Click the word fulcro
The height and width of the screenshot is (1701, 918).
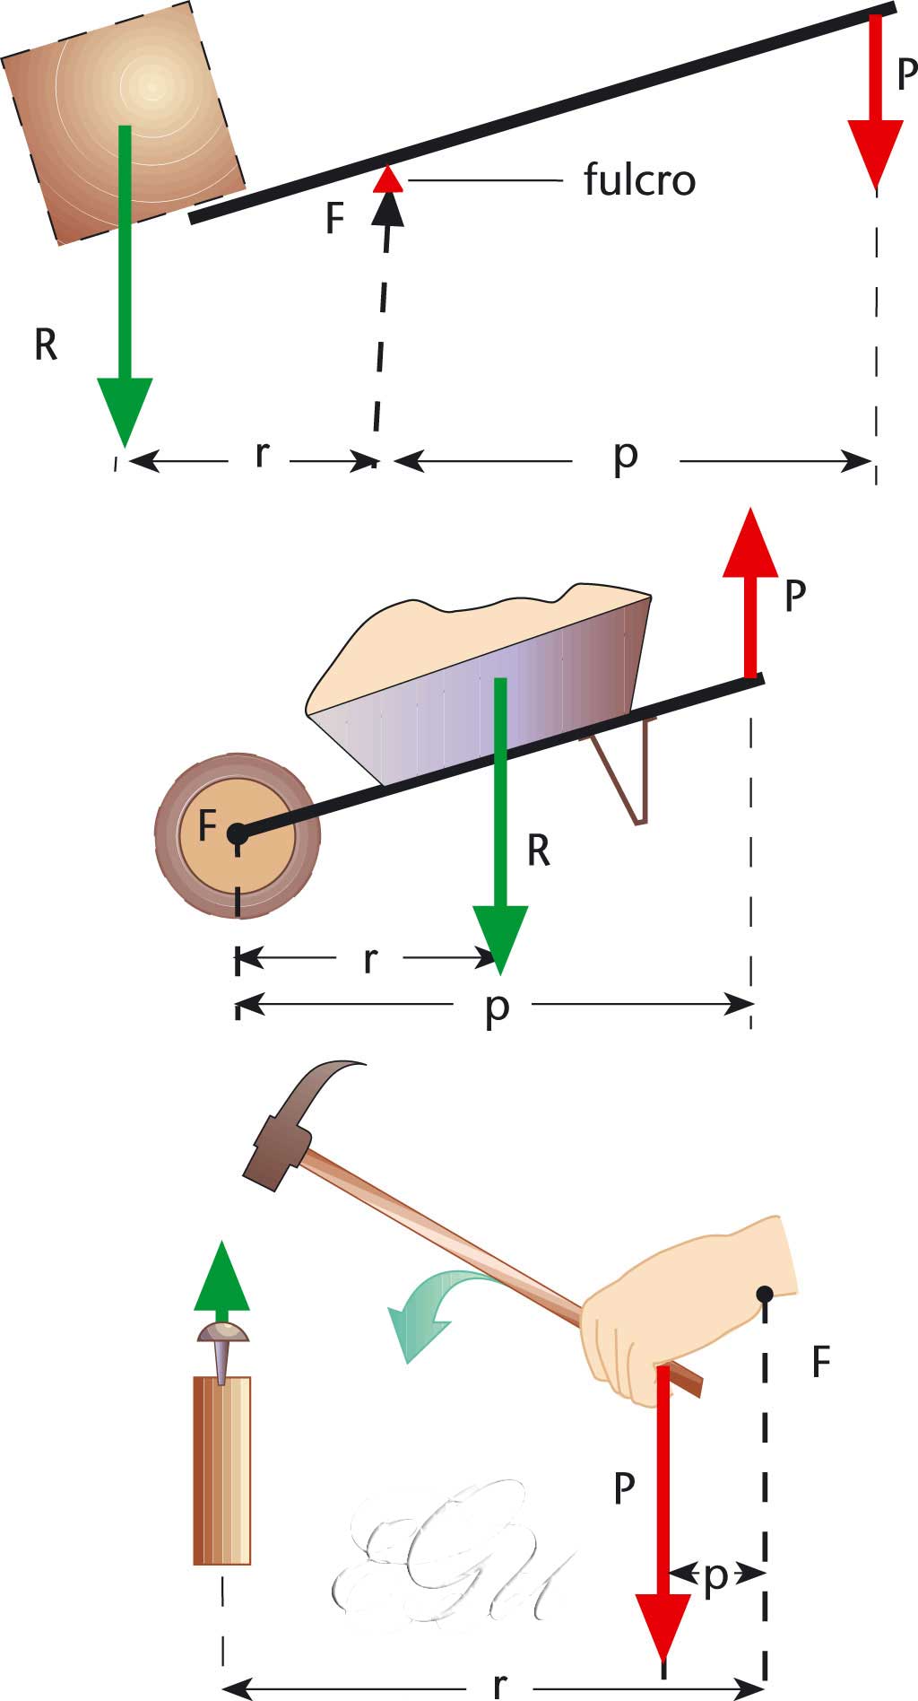[639, 180]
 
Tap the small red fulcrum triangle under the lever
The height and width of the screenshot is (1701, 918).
[387, 179]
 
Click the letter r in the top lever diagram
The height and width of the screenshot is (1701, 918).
[261, 455]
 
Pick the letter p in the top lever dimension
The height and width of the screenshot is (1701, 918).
[626, 456]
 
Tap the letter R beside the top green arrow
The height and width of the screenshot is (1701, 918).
[46, 345]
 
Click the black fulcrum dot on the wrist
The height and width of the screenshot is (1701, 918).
[765, 1293]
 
